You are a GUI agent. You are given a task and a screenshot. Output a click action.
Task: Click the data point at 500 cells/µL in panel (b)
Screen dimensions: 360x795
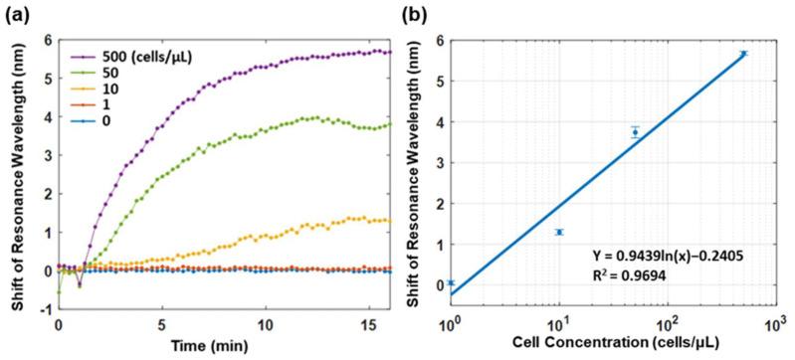tap(742, 54)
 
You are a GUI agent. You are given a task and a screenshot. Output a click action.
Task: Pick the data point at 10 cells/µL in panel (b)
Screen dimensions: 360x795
tap(559, 232)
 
